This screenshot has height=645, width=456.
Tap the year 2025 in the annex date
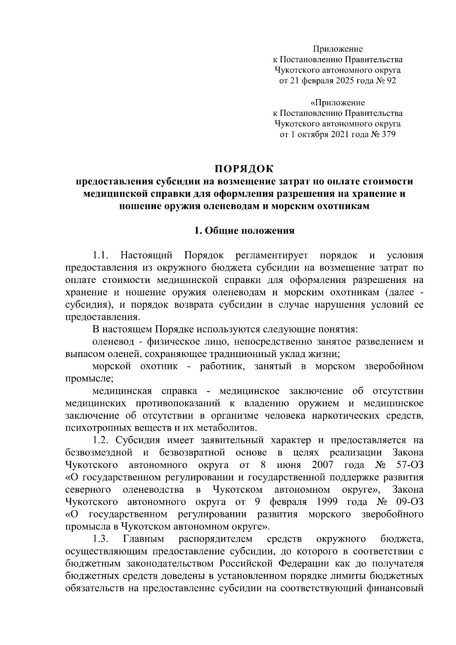pos(344,81)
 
